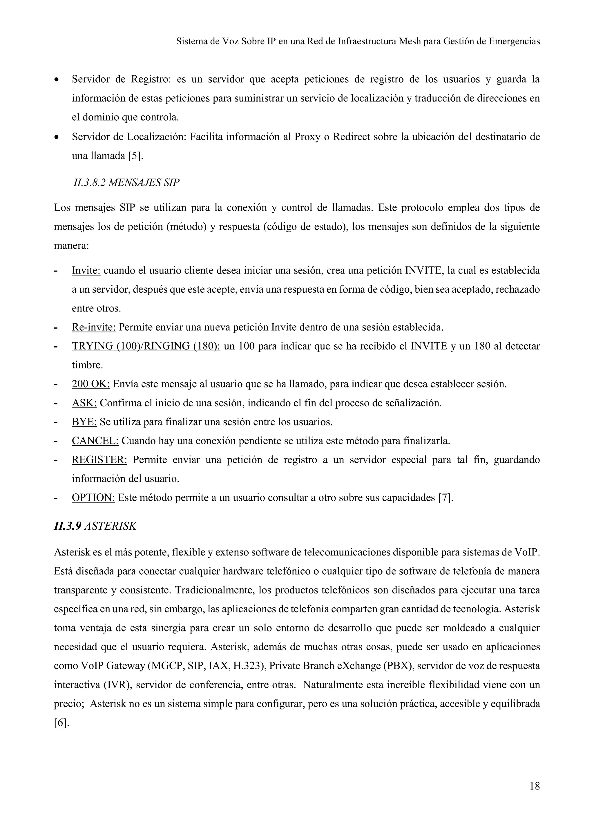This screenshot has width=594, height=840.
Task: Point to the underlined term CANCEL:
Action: [x=95, y=441]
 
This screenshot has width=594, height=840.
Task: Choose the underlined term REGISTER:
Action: [x=99, y=460]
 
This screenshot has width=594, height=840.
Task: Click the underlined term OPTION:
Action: [x=93, y=497]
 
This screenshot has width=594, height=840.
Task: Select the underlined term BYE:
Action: [x=84, y=422]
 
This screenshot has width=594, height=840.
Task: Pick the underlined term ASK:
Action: [x=84, y=403]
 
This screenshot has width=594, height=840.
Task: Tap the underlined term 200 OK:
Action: [x=91, y=384]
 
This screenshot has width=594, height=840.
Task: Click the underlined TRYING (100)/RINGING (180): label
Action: [x=146, y=346]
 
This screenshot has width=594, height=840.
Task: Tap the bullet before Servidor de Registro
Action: [x=56, y=80]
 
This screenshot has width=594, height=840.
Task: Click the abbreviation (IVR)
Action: [x=113, y=685]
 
